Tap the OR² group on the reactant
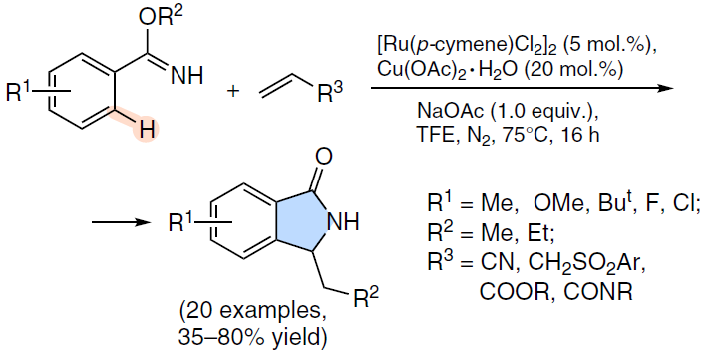click(161, 18)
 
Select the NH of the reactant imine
click(186, 76)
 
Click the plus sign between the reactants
click(233, 91)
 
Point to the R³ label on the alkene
click(330, 93)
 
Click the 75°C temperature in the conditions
click(528, 136)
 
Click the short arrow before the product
click(121, 222)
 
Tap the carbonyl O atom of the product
click(324, 157)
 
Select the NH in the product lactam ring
click(343, 222)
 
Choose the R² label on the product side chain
click(366, 298)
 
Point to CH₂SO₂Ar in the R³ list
click(580, 265)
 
